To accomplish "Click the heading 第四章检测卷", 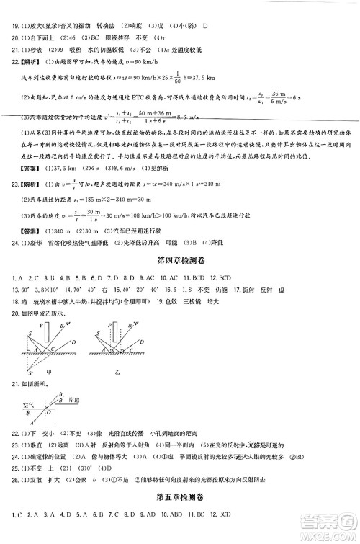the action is pos(180,259).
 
